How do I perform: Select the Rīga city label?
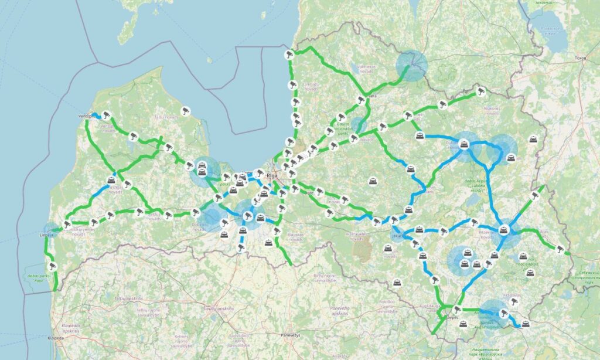(271, 175)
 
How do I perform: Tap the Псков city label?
(580, 58)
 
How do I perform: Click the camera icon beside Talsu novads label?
(185, 110)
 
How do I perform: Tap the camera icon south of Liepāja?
(52, 266)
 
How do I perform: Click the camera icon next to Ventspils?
(106, 115)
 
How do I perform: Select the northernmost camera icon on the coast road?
(289, 54)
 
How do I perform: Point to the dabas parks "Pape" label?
(39, 277)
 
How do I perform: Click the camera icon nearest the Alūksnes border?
(481, 91)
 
